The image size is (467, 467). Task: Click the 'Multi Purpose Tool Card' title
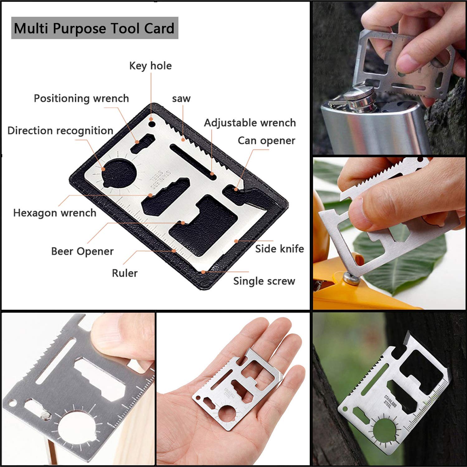(94, 28)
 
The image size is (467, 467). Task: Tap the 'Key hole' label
(150, 66)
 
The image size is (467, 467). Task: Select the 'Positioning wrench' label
(81, 98)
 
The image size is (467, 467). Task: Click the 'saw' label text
(181, 99)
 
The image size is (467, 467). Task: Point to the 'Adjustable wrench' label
(250, 123)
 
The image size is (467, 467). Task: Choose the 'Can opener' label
(267, 141)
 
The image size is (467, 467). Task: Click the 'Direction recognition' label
(60, 131)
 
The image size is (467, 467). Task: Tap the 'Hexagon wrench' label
(55, 213)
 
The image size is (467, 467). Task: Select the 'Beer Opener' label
(83, 251)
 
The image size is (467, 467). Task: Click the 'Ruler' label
(125, 273)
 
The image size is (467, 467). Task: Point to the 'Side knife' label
(280, 249)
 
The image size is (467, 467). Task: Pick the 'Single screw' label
(264, 281)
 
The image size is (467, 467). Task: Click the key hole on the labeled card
(152, 125)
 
